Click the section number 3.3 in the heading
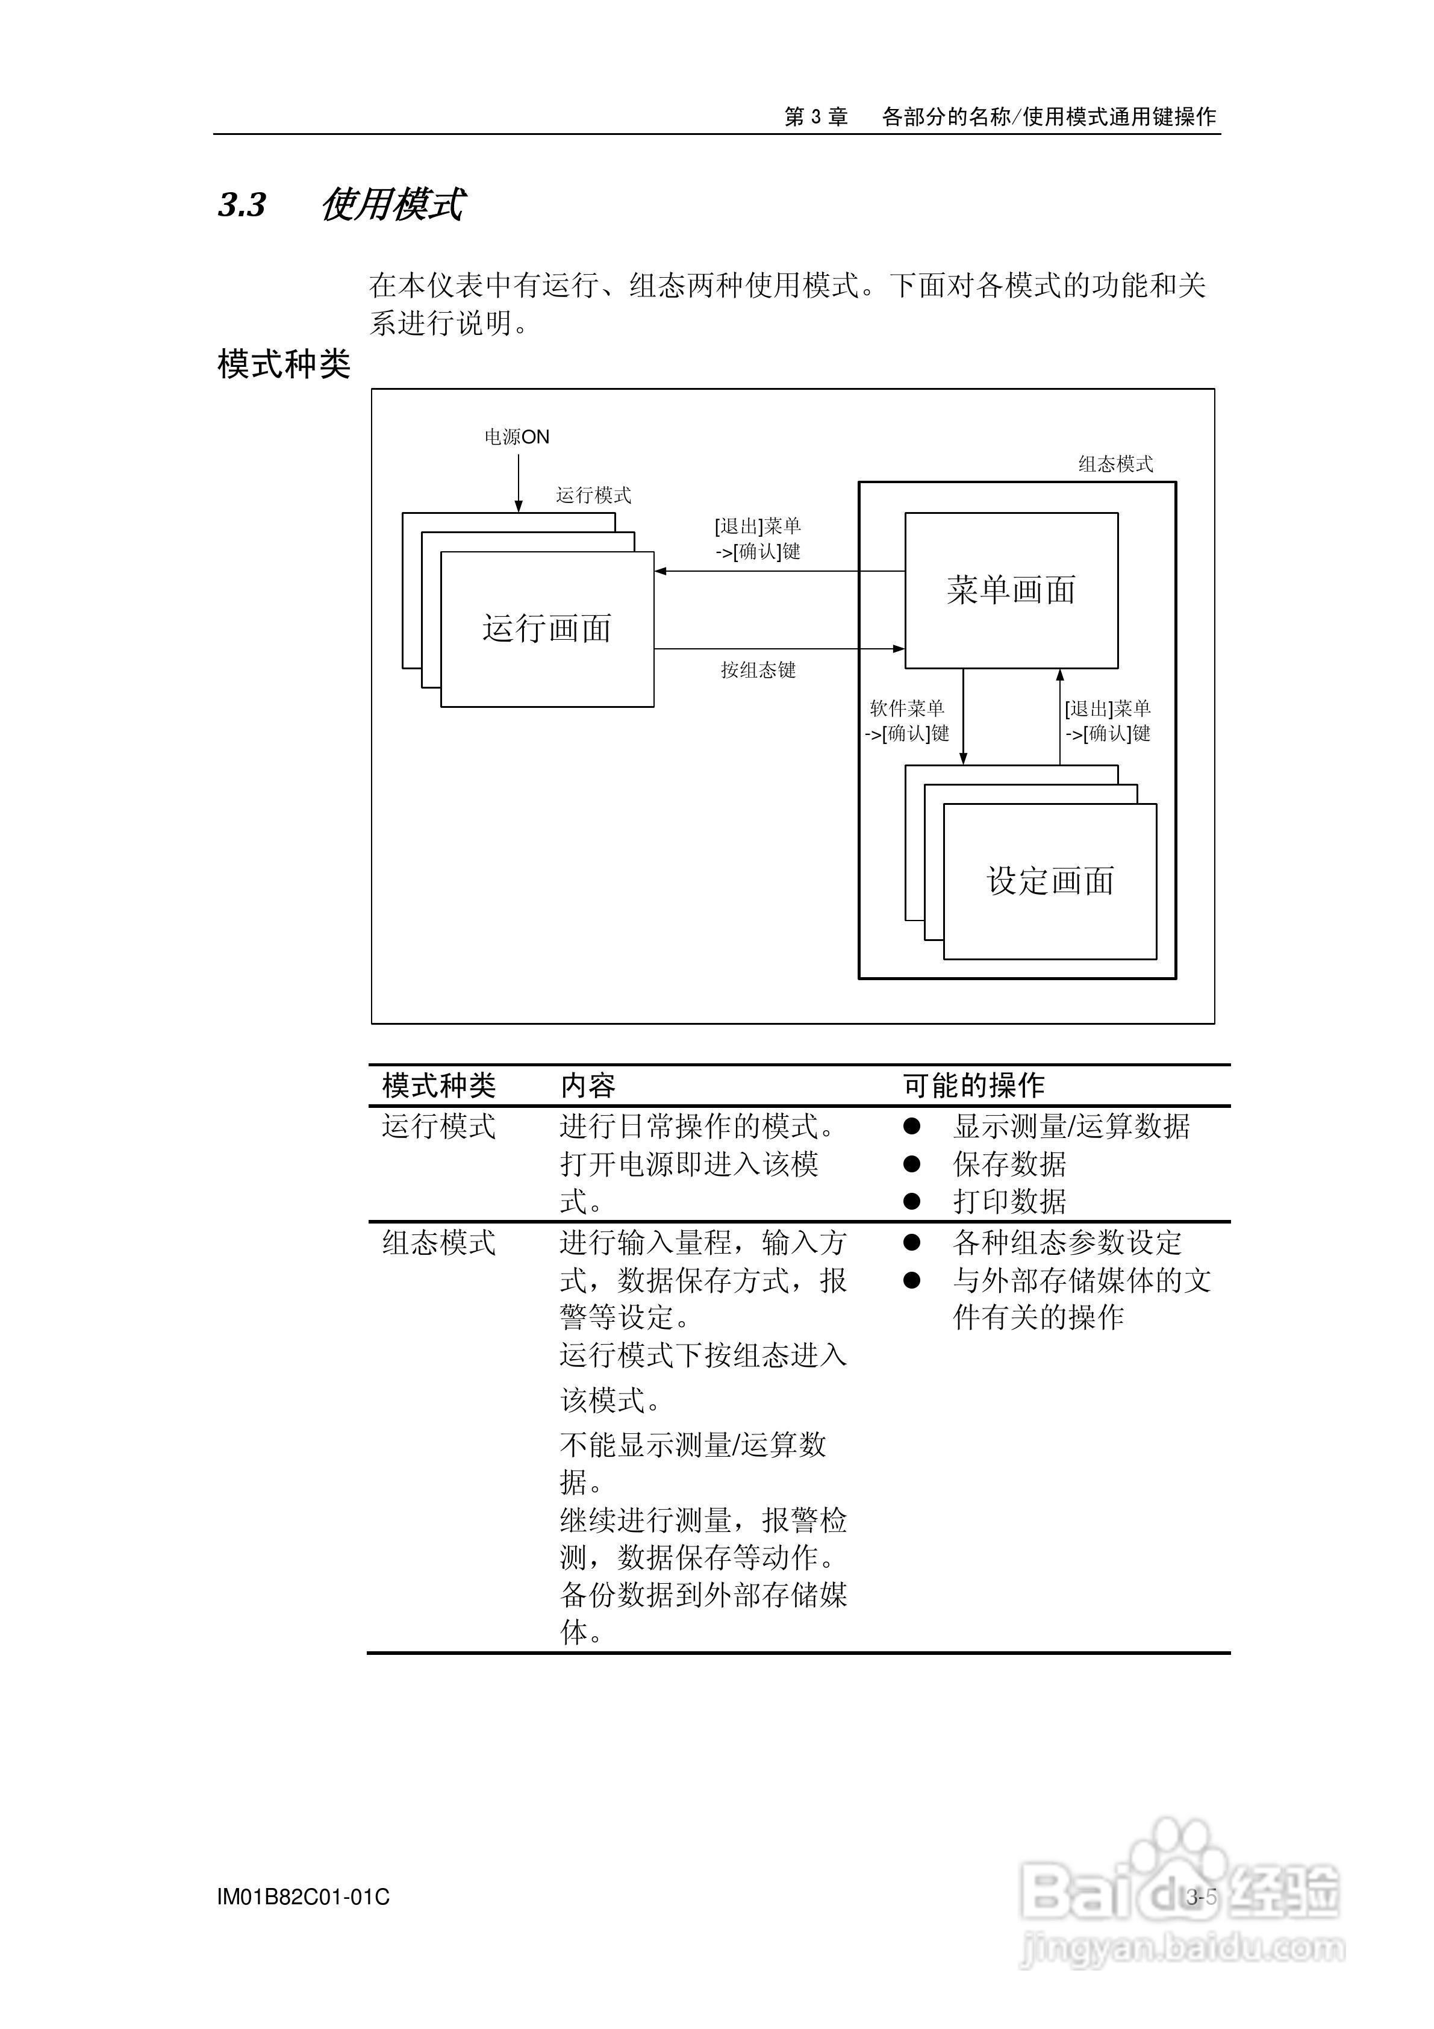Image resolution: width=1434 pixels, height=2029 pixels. point(242,205)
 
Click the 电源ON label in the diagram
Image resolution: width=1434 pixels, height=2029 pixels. point(517,437)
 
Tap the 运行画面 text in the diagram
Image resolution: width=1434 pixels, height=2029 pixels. point(547,628)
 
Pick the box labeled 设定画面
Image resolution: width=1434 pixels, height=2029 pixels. point(1050,881)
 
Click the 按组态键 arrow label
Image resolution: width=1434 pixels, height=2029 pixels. point(758,670)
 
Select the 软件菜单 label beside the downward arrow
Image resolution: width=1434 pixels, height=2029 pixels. point(908,708)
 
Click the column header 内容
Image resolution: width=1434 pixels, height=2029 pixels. point(588,1085)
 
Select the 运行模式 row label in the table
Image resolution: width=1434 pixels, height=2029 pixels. point(438,1127)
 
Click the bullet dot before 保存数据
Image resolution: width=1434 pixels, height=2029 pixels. point(912,1164)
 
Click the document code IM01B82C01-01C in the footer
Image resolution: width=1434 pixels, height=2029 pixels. point(303,1897)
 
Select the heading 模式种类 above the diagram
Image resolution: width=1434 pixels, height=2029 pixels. point(284,364)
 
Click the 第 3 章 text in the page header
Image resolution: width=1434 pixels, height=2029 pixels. point(815,117)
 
